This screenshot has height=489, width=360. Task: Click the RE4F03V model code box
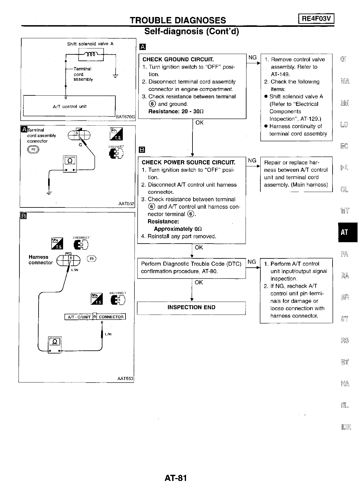click(x=317, y=19)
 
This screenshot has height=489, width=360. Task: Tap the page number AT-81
click(x=176, y=478)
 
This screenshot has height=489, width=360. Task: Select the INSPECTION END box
click(x=191, y=307)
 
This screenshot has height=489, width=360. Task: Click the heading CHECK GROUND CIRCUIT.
click(x=178, y=59)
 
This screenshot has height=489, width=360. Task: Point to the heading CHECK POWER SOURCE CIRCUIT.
click(x=188, y=162)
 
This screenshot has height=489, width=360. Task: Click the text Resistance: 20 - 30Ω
click(x=176, y=111)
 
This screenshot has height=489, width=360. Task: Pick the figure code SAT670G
click(x=125, y=117)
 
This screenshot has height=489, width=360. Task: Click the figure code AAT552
click(x=126, y=204)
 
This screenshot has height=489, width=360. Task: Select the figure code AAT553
click(x=126, y=378)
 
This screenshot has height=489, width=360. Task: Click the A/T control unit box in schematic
click(x=69, y=106)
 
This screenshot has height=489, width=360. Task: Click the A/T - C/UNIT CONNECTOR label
click(x=95, y=317)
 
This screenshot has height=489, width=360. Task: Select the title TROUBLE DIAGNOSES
click(x=178, y=20)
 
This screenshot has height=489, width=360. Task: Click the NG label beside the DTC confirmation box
click(x=252, y=262)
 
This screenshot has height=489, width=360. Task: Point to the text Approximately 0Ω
click(x=178, y=229)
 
